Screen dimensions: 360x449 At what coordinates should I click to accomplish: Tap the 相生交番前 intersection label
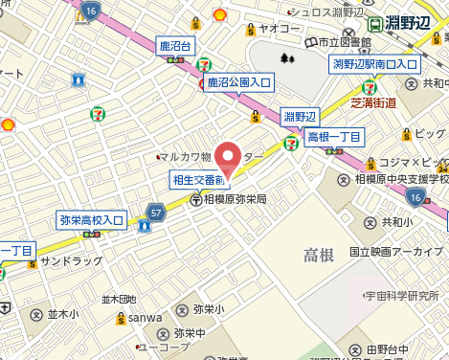tap(198, 180)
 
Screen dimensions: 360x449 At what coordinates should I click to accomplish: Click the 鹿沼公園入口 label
tap(239, 83)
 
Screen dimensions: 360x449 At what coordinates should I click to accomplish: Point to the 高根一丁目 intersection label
tap(334, 138)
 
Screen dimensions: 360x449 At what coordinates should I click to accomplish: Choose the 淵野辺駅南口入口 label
tap(374, 64)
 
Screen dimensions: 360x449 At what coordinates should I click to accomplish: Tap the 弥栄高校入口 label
tap(91, 220)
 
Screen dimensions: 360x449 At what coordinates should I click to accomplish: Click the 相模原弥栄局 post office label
tap(235, 200)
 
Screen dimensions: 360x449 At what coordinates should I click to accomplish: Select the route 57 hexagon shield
tap(155, 212)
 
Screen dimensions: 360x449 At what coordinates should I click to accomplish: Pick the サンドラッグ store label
tap(70, 260)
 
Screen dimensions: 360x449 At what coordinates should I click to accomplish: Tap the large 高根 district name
tap(319, 254)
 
